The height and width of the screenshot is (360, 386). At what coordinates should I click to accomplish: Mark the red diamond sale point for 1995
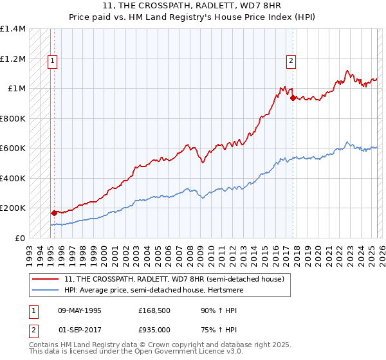(x=54, y=212)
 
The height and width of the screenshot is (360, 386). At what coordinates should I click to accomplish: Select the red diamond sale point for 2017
(x=293, y=98)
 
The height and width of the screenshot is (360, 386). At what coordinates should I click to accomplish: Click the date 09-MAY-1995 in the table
(x=80, y=310)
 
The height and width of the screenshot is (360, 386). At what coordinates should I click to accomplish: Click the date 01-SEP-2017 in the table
(x=79, y=330)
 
